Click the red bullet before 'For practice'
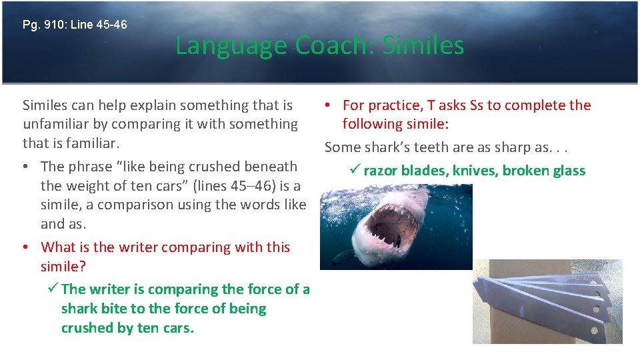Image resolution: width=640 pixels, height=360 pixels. click(x=329, y=105)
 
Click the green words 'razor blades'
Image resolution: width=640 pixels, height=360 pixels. click(x=405, y=171)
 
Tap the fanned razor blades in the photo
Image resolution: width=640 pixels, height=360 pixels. click(x=543, y=297)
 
